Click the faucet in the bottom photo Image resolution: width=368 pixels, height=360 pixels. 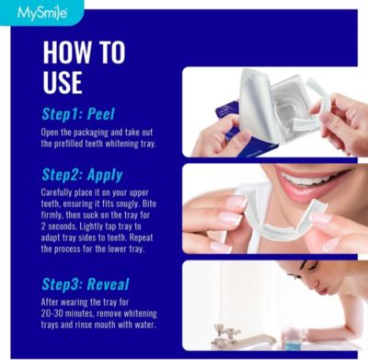tap(225, 332)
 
